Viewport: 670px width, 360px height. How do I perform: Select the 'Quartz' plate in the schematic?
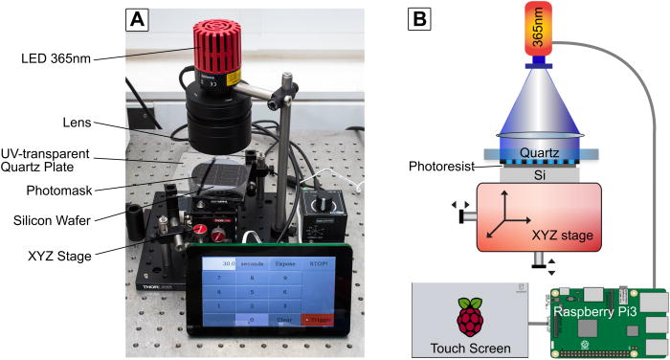[x=534, y=150]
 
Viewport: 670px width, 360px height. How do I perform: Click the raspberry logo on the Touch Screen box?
[x=469, y=317]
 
